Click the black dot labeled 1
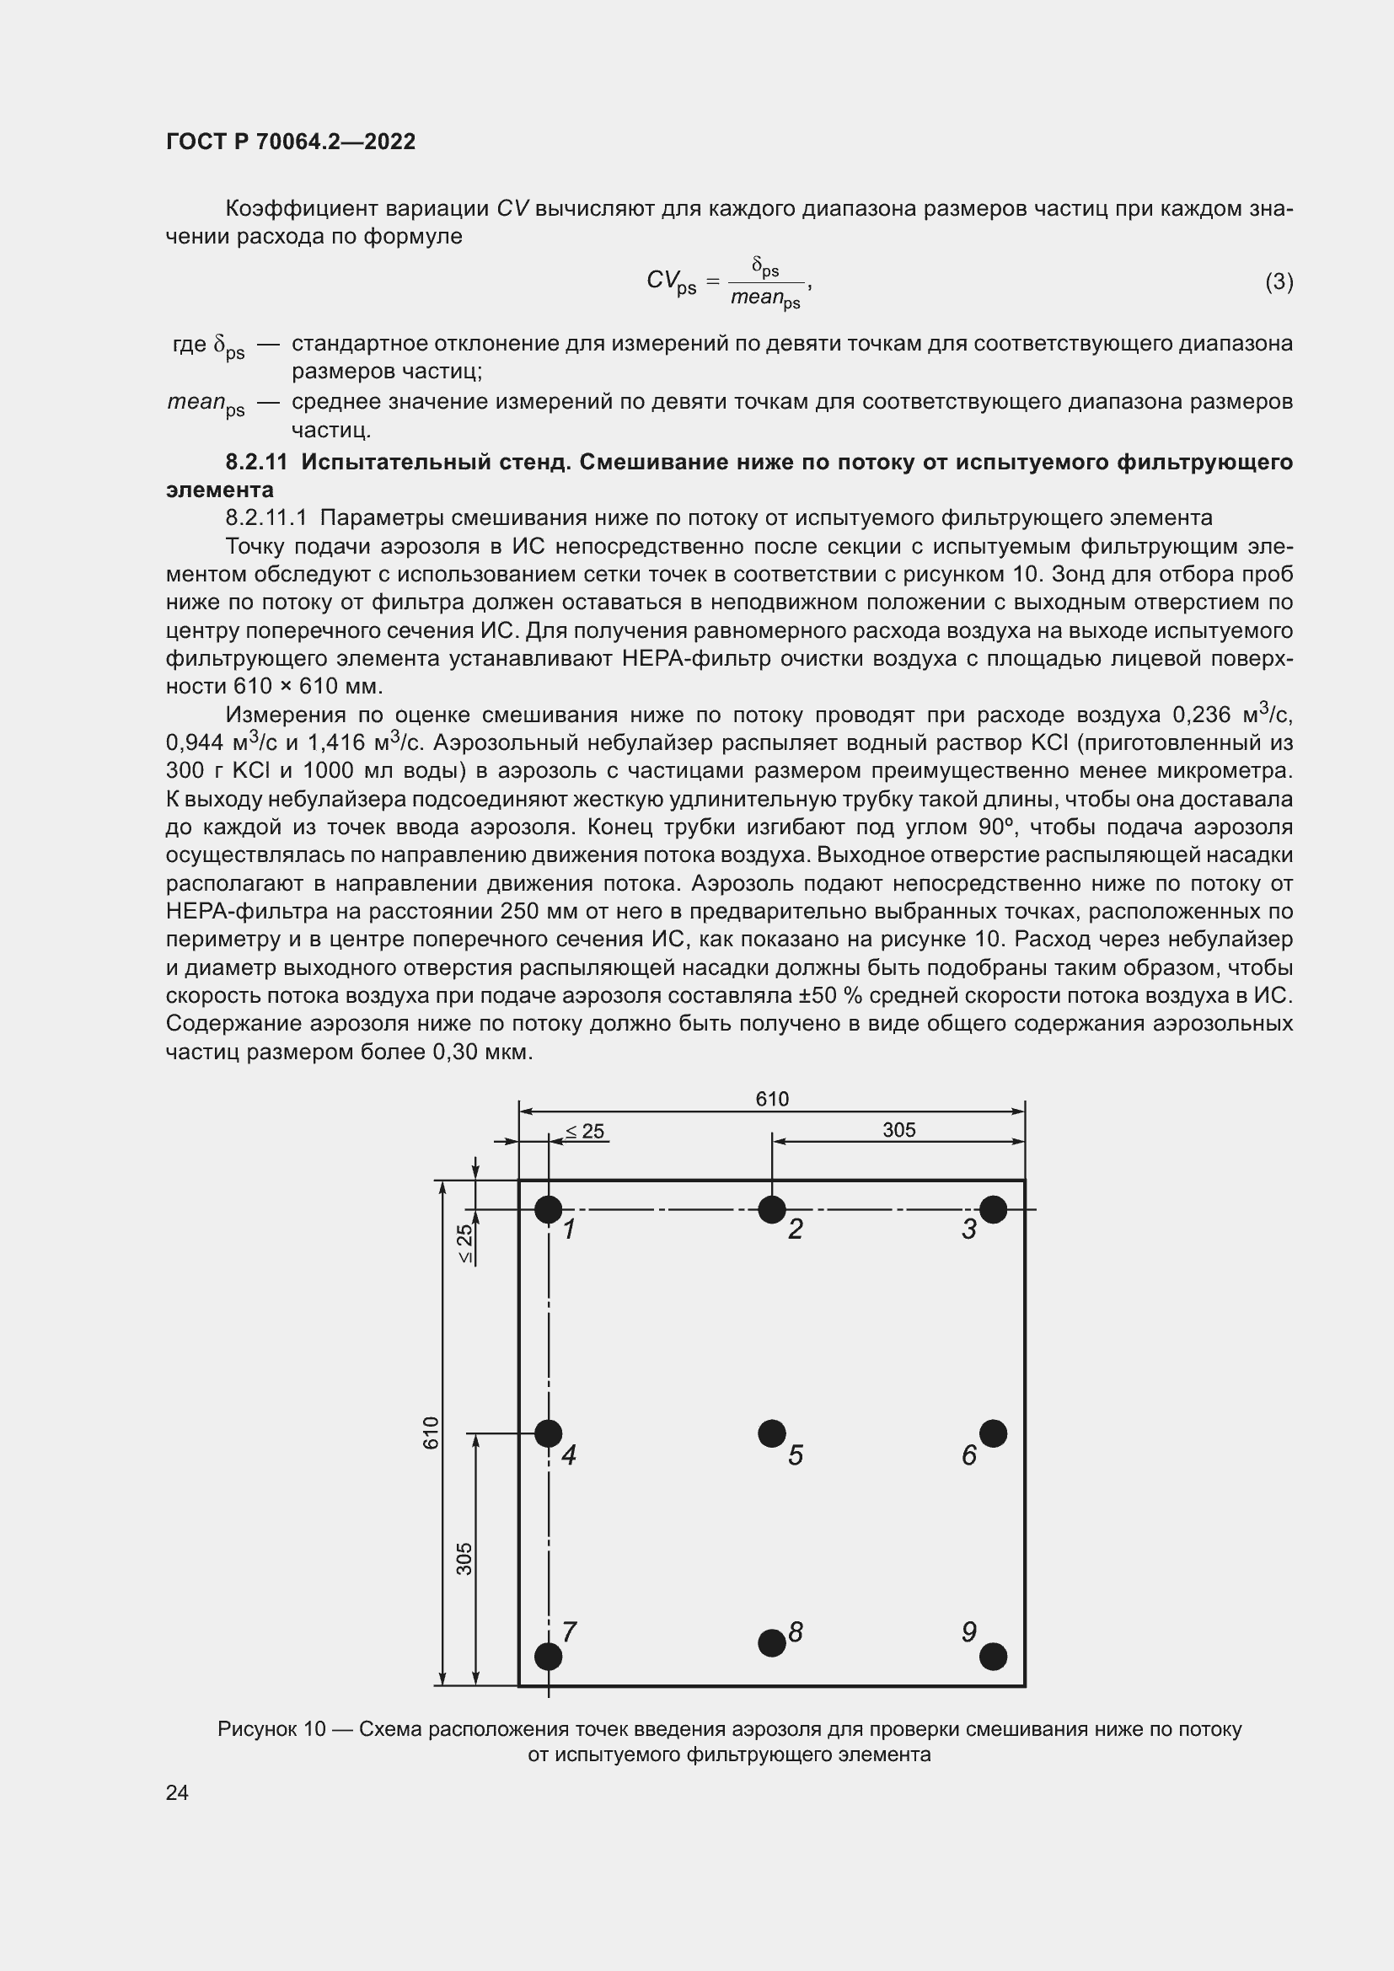click(x=549, y=1209)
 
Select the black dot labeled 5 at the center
click(x=772, y=1433)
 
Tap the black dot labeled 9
click(x=993, y=1656)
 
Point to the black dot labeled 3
click(x=993, y=1209)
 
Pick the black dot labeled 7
click(x=549, y=1656)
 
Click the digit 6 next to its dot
click(x=969, y=1455)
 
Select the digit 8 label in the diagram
click(x=796, y=1632)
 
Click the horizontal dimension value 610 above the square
click(x=772, y=1099)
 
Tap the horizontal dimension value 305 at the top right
click(x=898, y=1130)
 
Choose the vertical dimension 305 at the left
click(x=464, y=1559)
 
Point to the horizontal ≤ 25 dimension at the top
click(x=586, y=1132)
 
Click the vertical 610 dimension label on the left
click(x=431, y=1433)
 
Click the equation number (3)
click(x=1279, y=281)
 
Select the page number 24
click(x=178, y=1792)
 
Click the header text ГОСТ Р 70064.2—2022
click(x=291, y=142)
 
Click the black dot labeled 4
click(x=549, y=1433)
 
